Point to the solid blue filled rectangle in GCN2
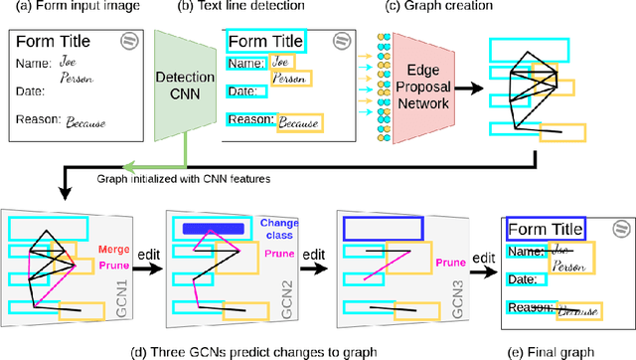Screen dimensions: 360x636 tap(214, 228)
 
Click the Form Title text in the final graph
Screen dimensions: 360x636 tap(546, 230)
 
